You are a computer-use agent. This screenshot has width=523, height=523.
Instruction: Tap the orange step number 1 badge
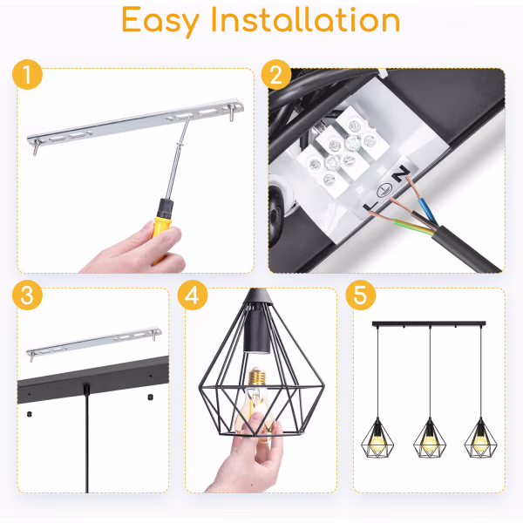point(28,76)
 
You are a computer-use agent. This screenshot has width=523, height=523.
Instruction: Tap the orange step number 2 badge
point(276,76)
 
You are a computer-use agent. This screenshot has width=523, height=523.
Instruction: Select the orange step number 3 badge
point(28,295)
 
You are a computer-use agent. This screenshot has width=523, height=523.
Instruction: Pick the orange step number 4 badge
point(193,295)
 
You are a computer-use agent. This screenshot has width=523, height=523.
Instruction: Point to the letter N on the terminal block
point(399,177)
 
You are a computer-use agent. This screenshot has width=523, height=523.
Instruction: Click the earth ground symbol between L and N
point(384,190)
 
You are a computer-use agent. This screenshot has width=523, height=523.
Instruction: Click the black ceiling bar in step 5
point(428,324)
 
